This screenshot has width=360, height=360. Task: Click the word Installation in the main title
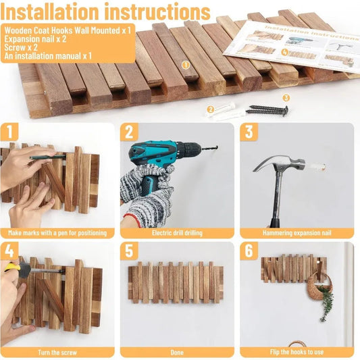50,12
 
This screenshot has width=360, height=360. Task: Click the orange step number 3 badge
249,131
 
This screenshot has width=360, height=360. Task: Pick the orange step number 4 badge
9,251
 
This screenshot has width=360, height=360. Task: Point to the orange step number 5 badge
128,251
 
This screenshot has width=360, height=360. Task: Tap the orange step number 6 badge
249,251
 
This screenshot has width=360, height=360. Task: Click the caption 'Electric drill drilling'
177,233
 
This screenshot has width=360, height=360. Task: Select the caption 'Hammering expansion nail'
297,233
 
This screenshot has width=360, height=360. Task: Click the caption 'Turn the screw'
57,352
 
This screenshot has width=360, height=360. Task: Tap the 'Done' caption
177,352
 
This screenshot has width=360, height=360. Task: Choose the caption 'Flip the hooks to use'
297,352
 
